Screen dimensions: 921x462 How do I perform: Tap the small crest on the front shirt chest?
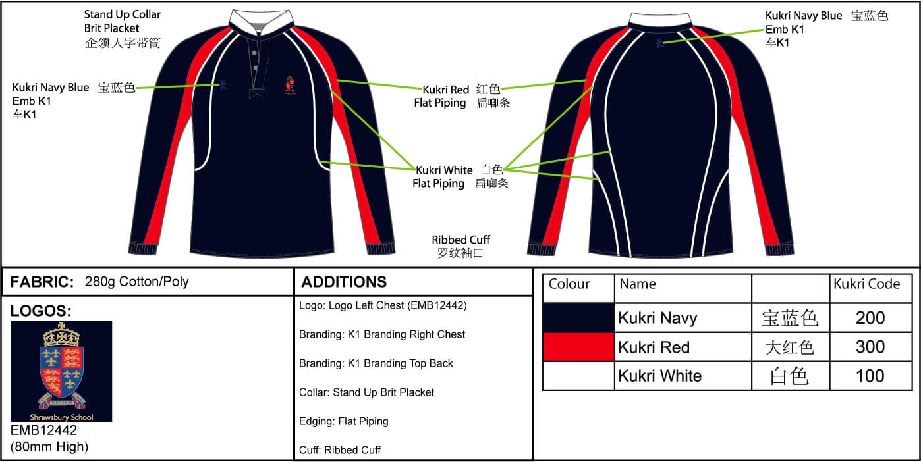coord(290,85)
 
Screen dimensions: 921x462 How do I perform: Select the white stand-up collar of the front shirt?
coord(261,19)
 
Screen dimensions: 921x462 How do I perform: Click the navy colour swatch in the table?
coord(578,318)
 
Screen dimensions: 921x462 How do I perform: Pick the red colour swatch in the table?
coord(578,347)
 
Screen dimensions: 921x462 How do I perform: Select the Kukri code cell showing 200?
coord(870,318)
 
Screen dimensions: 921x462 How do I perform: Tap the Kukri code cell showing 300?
coord(870,347)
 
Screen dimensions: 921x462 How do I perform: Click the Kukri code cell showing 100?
coord(870,376)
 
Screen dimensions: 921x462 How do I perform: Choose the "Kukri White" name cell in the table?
coord(683,376)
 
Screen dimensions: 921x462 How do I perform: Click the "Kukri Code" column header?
coord(867,284)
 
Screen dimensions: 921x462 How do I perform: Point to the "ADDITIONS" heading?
coord(344,282)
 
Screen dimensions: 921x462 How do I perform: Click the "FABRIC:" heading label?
coord(42,282)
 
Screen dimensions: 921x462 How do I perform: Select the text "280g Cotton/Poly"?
coord(137,282)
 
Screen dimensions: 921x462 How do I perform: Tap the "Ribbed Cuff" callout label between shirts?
coord(461,240)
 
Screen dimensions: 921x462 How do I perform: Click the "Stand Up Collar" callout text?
coord(122,14)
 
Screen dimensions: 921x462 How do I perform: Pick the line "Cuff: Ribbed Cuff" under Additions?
coord(340,450)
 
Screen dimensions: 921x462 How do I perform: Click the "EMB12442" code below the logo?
coord(43,430)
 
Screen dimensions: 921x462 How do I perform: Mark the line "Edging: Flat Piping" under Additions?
coord(344,421)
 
